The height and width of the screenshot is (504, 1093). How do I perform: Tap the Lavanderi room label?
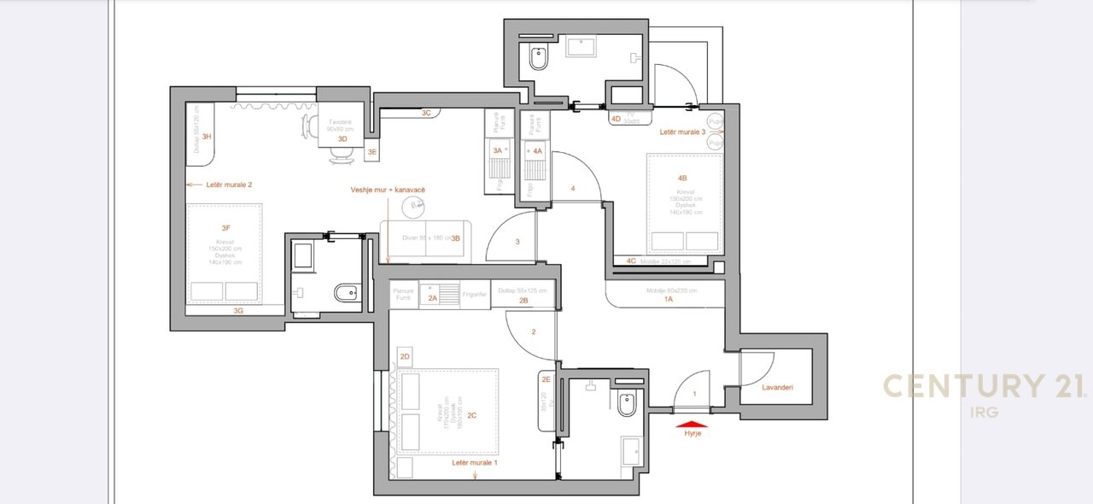pos(777,387)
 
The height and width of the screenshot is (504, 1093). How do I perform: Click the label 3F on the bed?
pos(225,228)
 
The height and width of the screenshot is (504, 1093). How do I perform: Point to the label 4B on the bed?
pos(682,179)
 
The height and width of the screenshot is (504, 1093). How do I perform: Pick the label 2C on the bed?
pos(471,416)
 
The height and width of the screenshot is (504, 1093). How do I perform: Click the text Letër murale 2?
pos(228,185)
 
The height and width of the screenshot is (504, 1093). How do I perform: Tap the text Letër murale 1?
pos(475,462)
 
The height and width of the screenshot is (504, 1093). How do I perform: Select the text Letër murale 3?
pos(682,132)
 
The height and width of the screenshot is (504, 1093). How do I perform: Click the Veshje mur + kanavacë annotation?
pos(387,190)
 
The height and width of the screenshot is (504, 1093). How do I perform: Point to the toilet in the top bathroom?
pos(538,60)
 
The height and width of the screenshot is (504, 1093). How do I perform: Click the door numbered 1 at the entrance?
pos(693,394)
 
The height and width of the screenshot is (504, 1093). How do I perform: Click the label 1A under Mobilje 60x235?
pos(669,299)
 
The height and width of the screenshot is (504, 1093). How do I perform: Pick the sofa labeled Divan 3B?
pos(424,238)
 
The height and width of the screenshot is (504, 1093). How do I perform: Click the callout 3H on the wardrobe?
pos(206,137)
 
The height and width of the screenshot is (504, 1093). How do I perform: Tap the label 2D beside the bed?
pos(405,356)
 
